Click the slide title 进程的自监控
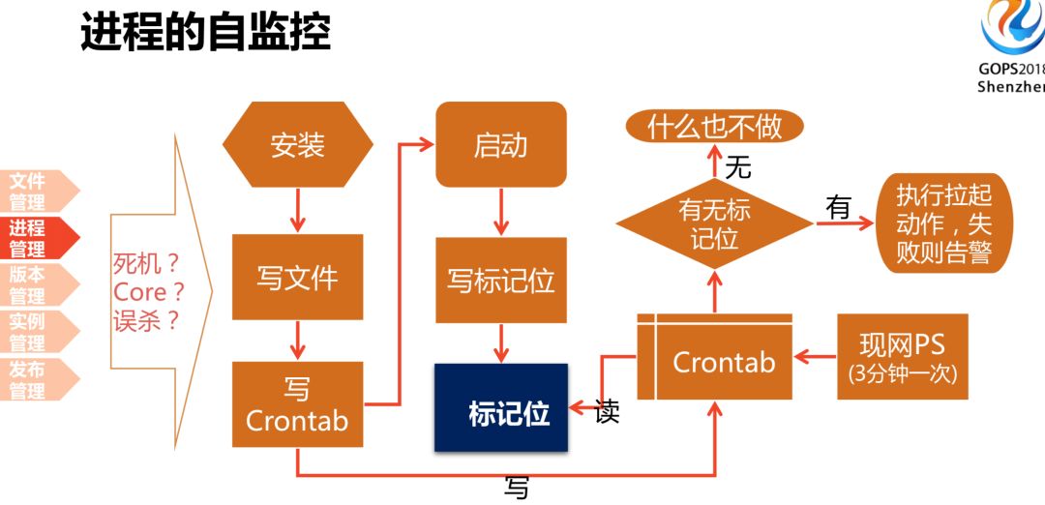click(205, 32)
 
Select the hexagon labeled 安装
click(297, 146)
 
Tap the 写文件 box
click(297, 278)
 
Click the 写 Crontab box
click(297, 404)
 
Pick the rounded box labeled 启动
click(500, 145)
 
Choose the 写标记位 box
click(500, 281)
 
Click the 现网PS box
click(902, 356)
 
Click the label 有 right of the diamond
click(838, 207)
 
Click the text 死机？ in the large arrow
click(147, 263)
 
